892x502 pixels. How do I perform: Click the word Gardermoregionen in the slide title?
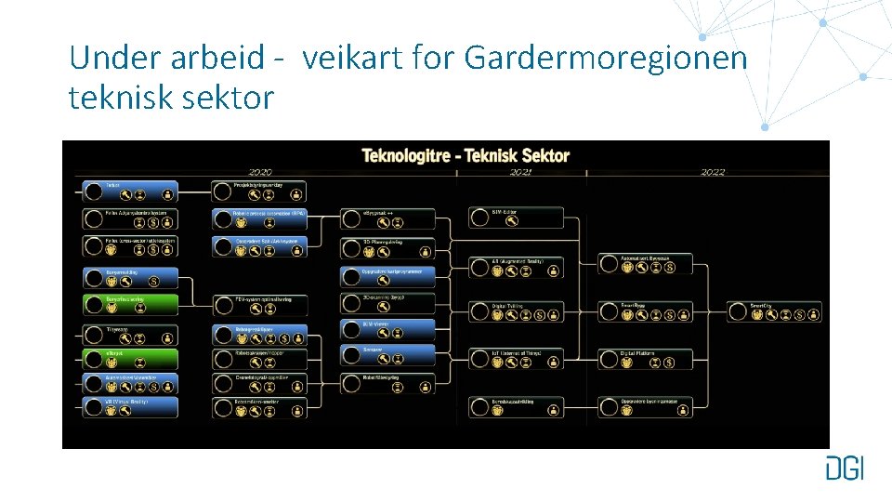point(606,58)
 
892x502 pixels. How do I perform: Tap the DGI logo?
point(844,468)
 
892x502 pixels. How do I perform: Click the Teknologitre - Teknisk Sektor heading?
point(465,155)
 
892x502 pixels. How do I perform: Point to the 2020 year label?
point(260,172)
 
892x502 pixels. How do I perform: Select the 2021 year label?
point(520,172)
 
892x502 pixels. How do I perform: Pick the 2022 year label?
point(713,172)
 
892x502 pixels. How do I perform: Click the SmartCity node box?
point(786,311)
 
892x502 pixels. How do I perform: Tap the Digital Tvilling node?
point(528,311)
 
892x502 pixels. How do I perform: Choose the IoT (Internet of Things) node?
point(528,359)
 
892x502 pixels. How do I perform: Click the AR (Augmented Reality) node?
point(528,267)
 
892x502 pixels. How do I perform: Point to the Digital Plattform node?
point(657,359)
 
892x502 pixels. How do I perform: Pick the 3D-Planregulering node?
point(387,248)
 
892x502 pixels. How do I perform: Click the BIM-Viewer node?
point(387,330)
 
